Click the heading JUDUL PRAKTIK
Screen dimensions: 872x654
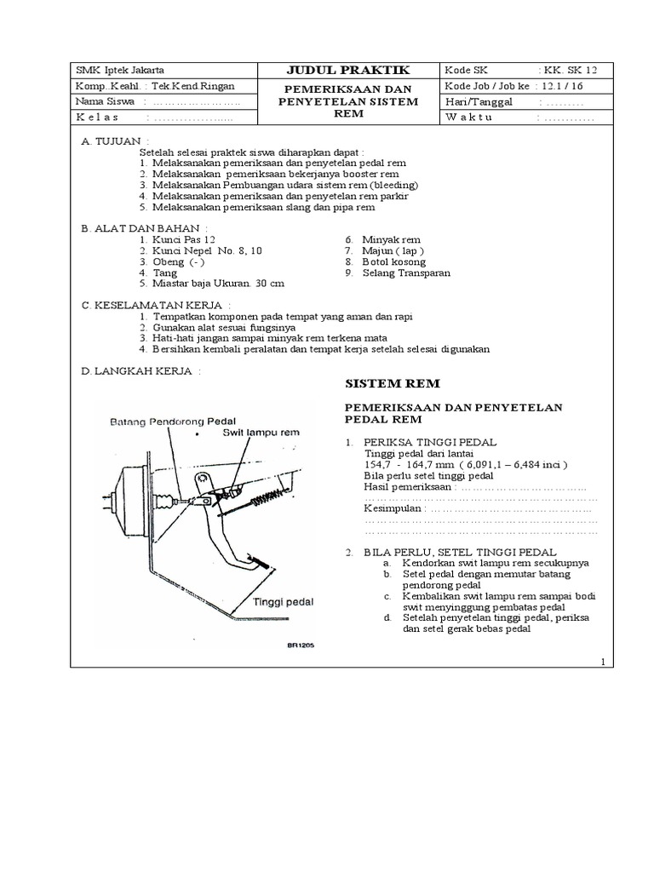pyautogui.click(x=350, y=70)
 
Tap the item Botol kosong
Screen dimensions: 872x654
pyautogui.click(x=394, y=262)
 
